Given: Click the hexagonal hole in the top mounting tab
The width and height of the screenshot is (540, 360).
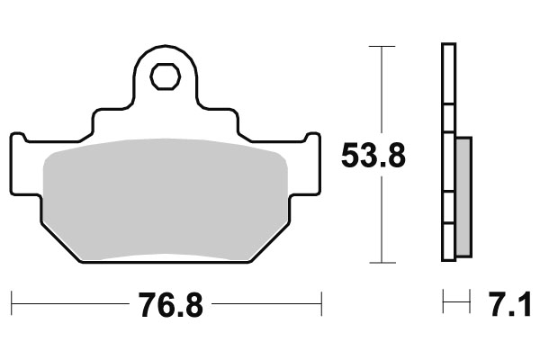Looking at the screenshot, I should point(165,77).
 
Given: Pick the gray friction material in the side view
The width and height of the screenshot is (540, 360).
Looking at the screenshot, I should point(463,194).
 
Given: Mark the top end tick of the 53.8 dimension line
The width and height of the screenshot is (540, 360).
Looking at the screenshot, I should point(382,45).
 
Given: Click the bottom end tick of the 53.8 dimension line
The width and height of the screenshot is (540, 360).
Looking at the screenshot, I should point(382,263).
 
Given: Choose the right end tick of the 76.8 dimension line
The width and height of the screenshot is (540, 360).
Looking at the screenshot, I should point(321,302).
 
